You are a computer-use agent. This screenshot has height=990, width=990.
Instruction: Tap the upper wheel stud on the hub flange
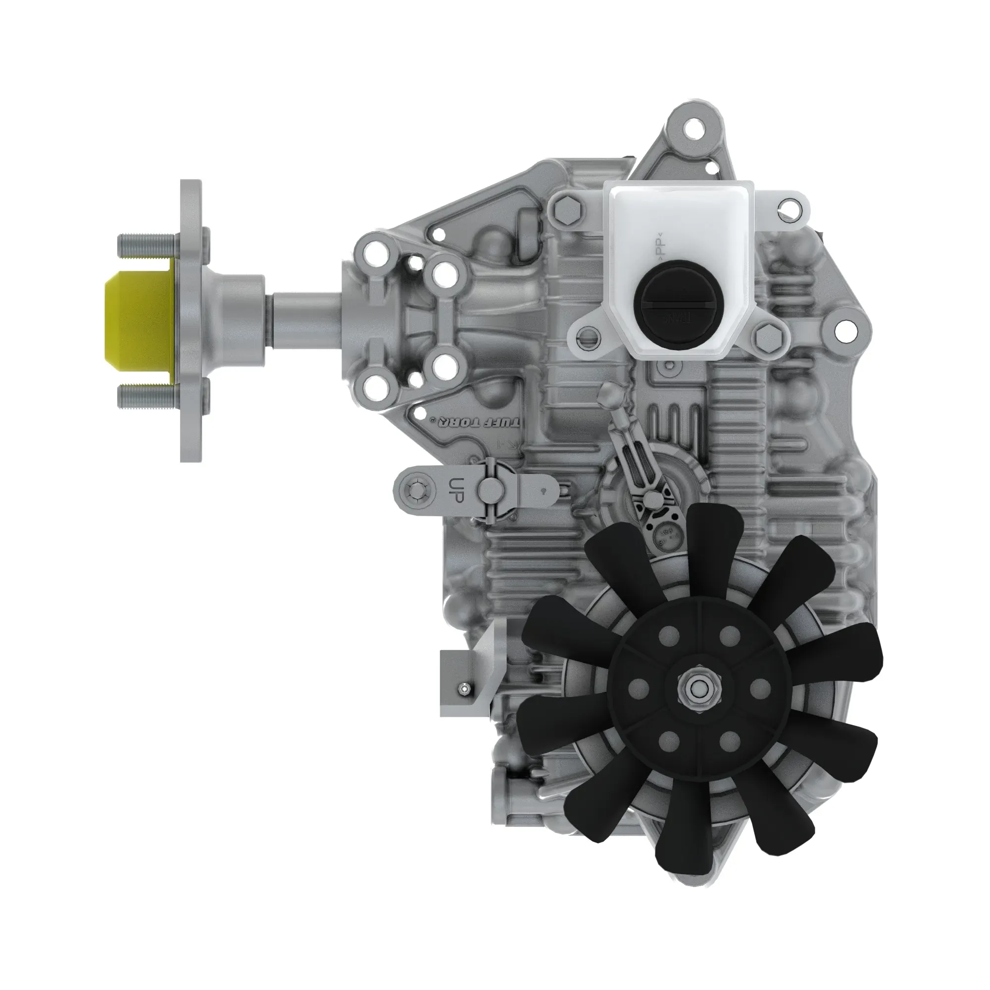[146, 241]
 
